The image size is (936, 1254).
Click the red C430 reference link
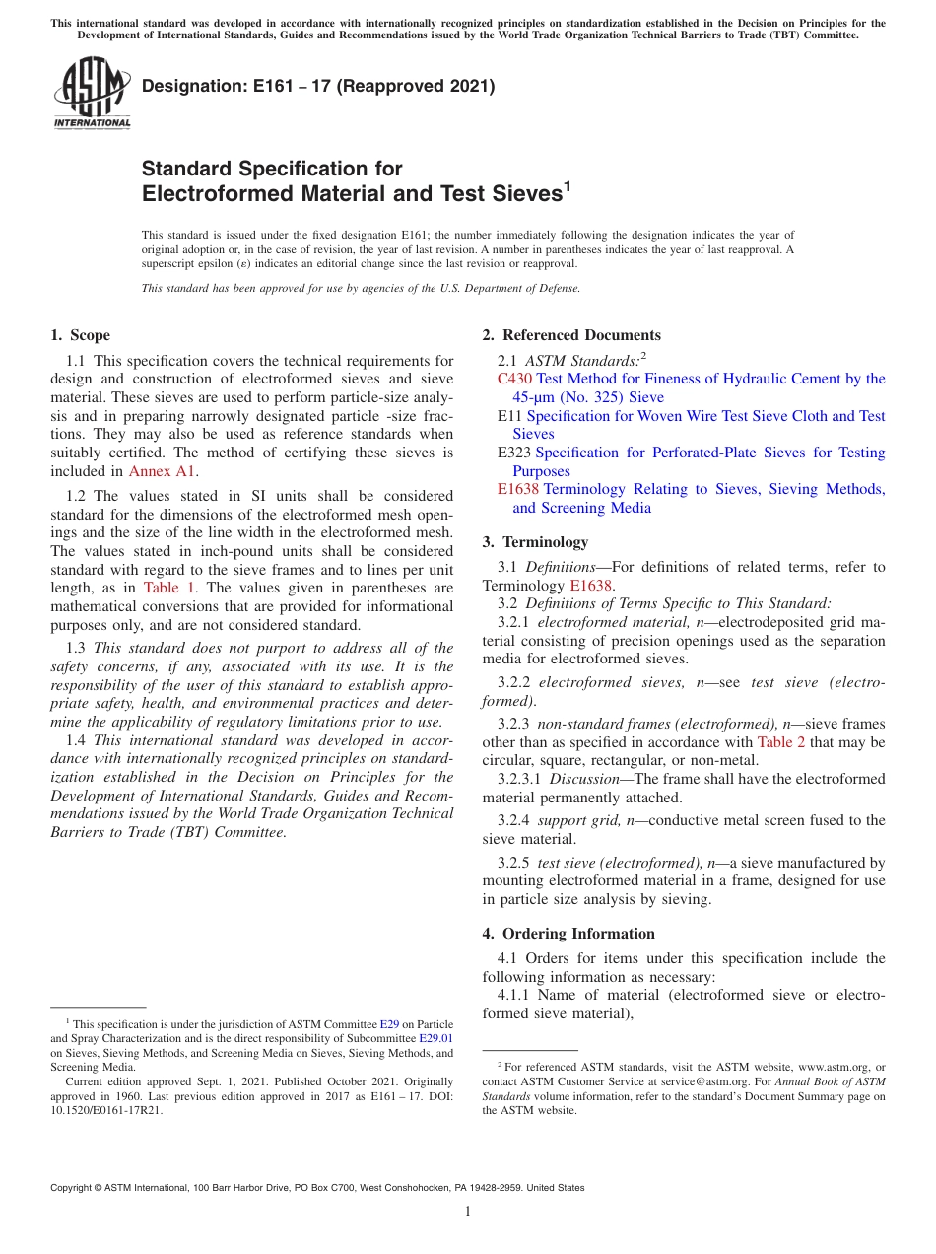pyautogui.click(x=515, y=379)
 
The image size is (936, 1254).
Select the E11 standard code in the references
pyautogui.click(x=509, y=416)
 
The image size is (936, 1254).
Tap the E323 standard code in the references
pyautogui.click(x=514, y=453)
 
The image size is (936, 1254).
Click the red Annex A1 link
pyautogui.click(x=163, y=471)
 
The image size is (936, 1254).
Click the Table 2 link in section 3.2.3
pyautogui.click(x=779, y=742)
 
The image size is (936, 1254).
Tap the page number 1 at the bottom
pyautogui.click(x=468, y=1211)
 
